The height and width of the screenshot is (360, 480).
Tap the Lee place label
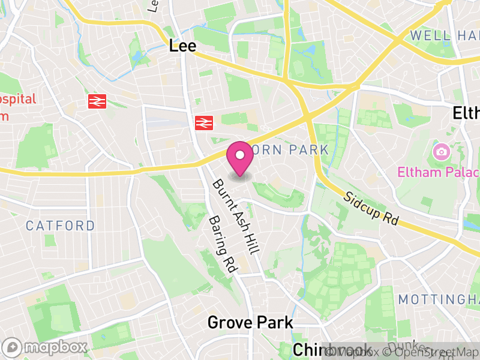tap(183, 46)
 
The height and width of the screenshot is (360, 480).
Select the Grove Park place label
tap(250, 322)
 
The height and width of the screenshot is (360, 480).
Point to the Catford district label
tap(60, 226)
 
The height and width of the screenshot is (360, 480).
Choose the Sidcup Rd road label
tap(371, 208)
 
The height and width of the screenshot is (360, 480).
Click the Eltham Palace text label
tap(438, 173)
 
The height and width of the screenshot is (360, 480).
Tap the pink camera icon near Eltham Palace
tap(442, 151)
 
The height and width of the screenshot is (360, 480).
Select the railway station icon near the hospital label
tap(97, 101)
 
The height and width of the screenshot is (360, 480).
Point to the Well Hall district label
tap(445, 36)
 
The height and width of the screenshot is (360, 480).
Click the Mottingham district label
tap(440, 299)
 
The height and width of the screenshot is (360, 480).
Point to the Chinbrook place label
tap(331, 350)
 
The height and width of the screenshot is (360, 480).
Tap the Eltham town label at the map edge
tap(466, 113)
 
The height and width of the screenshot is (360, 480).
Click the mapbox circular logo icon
tap(13, 347)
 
